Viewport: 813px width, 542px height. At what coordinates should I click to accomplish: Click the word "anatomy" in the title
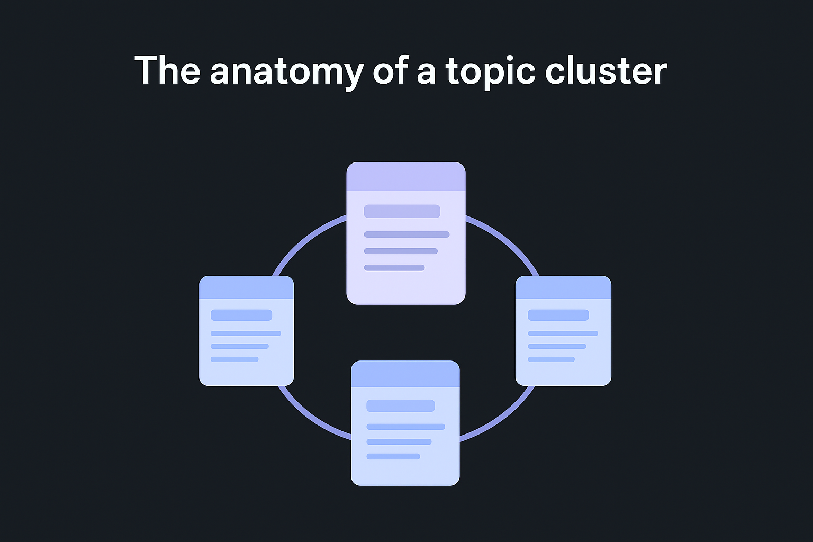click(x=286, y=71)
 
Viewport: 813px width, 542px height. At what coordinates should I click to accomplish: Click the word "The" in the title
click(x=167, y=70)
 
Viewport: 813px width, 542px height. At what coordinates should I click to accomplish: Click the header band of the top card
click(x=406, y=176)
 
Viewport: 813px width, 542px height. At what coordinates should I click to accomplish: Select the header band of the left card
click(x=246, y=287)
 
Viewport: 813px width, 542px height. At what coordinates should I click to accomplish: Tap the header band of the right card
click(x=563, y=287)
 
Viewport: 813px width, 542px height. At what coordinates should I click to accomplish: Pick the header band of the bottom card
click(x=405, y=374)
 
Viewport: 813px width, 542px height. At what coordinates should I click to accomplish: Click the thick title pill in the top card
click(x=402, y=211)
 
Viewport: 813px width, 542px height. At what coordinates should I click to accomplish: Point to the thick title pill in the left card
click(x=241, y=315)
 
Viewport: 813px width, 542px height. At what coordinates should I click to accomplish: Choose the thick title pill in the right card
click(x=558, y=315)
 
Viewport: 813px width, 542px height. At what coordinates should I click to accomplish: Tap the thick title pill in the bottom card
click(x=401, y=405)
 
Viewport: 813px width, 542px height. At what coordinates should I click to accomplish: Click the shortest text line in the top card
click(x=394, y=268)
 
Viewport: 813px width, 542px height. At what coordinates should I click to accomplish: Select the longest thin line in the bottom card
click(x=405, y=427)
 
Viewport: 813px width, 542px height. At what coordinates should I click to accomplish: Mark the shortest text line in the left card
click(x=234, y=359)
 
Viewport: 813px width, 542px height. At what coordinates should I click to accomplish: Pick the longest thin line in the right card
click(x=563, y=333)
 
